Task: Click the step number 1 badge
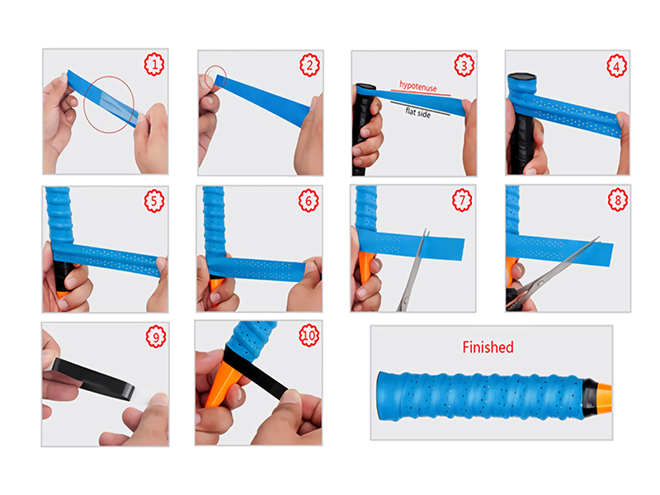pyautogui.click(x=153, y=64)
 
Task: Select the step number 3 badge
pyautogui.click(x=464, y=64)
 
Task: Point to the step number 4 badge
pyautogui.click(x=616, y=64)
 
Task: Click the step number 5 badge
pyautogui.click(x=153, y=200)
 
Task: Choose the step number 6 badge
pyautogui.click(x=309, y=200)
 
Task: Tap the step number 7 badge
pyautogui.click(x=464, y=200)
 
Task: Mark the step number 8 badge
pyautogui.click(x=616, y=200)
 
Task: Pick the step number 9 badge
pyautogui.click(x=153, y=337)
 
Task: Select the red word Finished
pyautogui.click(x=488, y=347)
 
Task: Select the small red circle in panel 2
pyautogui.click(x=215, y=78)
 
